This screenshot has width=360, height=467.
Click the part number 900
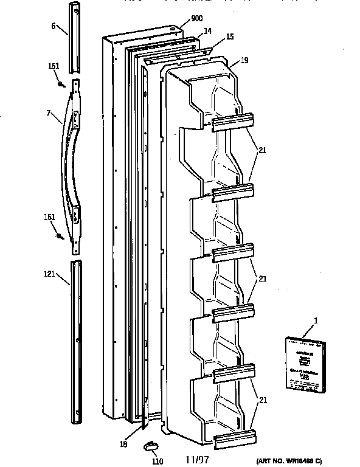pos(196,19)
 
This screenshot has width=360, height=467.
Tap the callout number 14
pos(207,31)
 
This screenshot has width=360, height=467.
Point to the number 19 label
pos(244,60)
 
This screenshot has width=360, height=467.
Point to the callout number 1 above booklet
pos(315,320)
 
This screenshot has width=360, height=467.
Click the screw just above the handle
pos(61,83)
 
